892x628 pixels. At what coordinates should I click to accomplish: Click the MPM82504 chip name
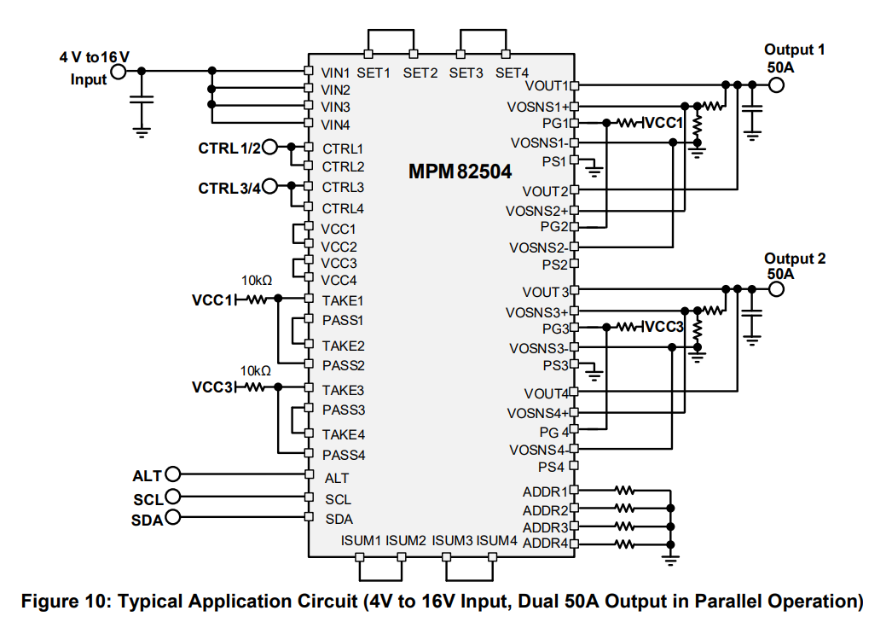coord(460,172)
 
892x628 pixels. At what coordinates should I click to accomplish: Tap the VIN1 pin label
coord(336,72)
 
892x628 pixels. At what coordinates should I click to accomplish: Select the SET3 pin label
coord(466,73)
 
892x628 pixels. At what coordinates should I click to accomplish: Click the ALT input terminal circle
coord(173,474)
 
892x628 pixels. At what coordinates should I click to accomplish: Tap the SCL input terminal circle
coord(173,497)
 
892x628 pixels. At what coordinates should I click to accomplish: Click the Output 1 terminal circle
coord(775,84)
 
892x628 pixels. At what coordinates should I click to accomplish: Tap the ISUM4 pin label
coord(496,540)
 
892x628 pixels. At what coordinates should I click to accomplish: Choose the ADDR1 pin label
coord(545,491)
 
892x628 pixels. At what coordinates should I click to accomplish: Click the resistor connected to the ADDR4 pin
coord(625,544)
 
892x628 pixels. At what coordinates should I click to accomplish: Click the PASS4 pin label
coord(344,455)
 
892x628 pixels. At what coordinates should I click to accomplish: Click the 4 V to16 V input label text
coord(94,57)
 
